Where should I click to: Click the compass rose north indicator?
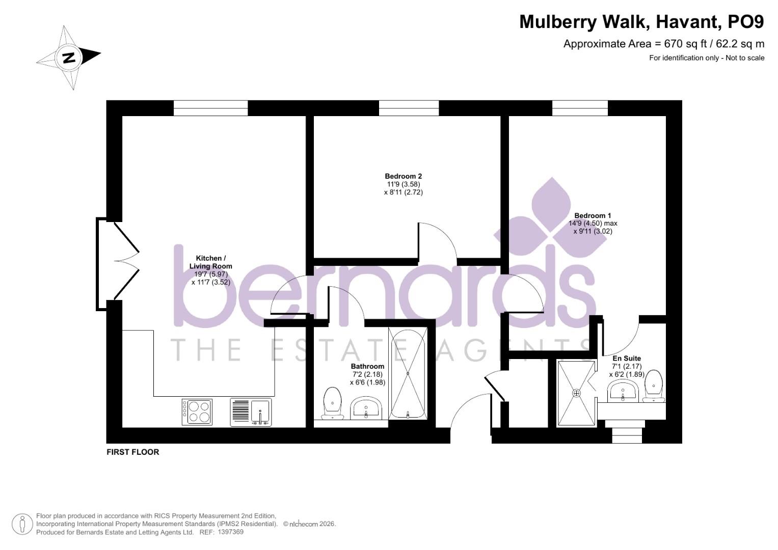(x=69, y=57)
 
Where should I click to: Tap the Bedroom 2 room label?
(x=403, y=176)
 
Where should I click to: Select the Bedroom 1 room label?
(x=593, y=215)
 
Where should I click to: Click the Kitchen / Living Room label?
(x=210, y=262)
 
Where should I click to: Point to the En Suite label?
(x=626, y=358)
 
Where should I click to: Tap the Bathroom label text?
(x=367, y=366)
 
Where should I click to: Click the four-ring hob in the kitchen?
(x=197, y=411)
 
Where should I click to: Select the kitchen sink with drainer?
(x=251, y=412)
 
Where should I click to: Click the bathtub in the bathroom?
(x=408, y=373)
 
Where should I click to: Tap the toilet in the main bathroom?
(x=333, y=402)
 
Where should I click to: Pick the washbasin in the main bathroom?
(x=366, y=408)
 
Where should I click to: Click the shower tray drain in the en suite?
(x=576, y=393)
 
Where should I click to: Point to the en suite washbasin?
(x=622, y=393)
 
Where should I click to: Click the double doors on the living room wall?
(x=117, y=264)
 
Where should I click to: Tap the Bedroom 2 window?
(x=409, y=108)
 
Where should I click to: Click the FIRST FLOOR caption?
(x=132, y=452)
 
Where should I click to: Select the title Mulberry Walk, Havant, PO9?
(x=641, y=22)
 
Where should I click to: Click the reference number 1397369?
(x=230, y=532)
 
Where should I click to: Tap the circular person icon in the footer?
(x=22, y=524)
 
